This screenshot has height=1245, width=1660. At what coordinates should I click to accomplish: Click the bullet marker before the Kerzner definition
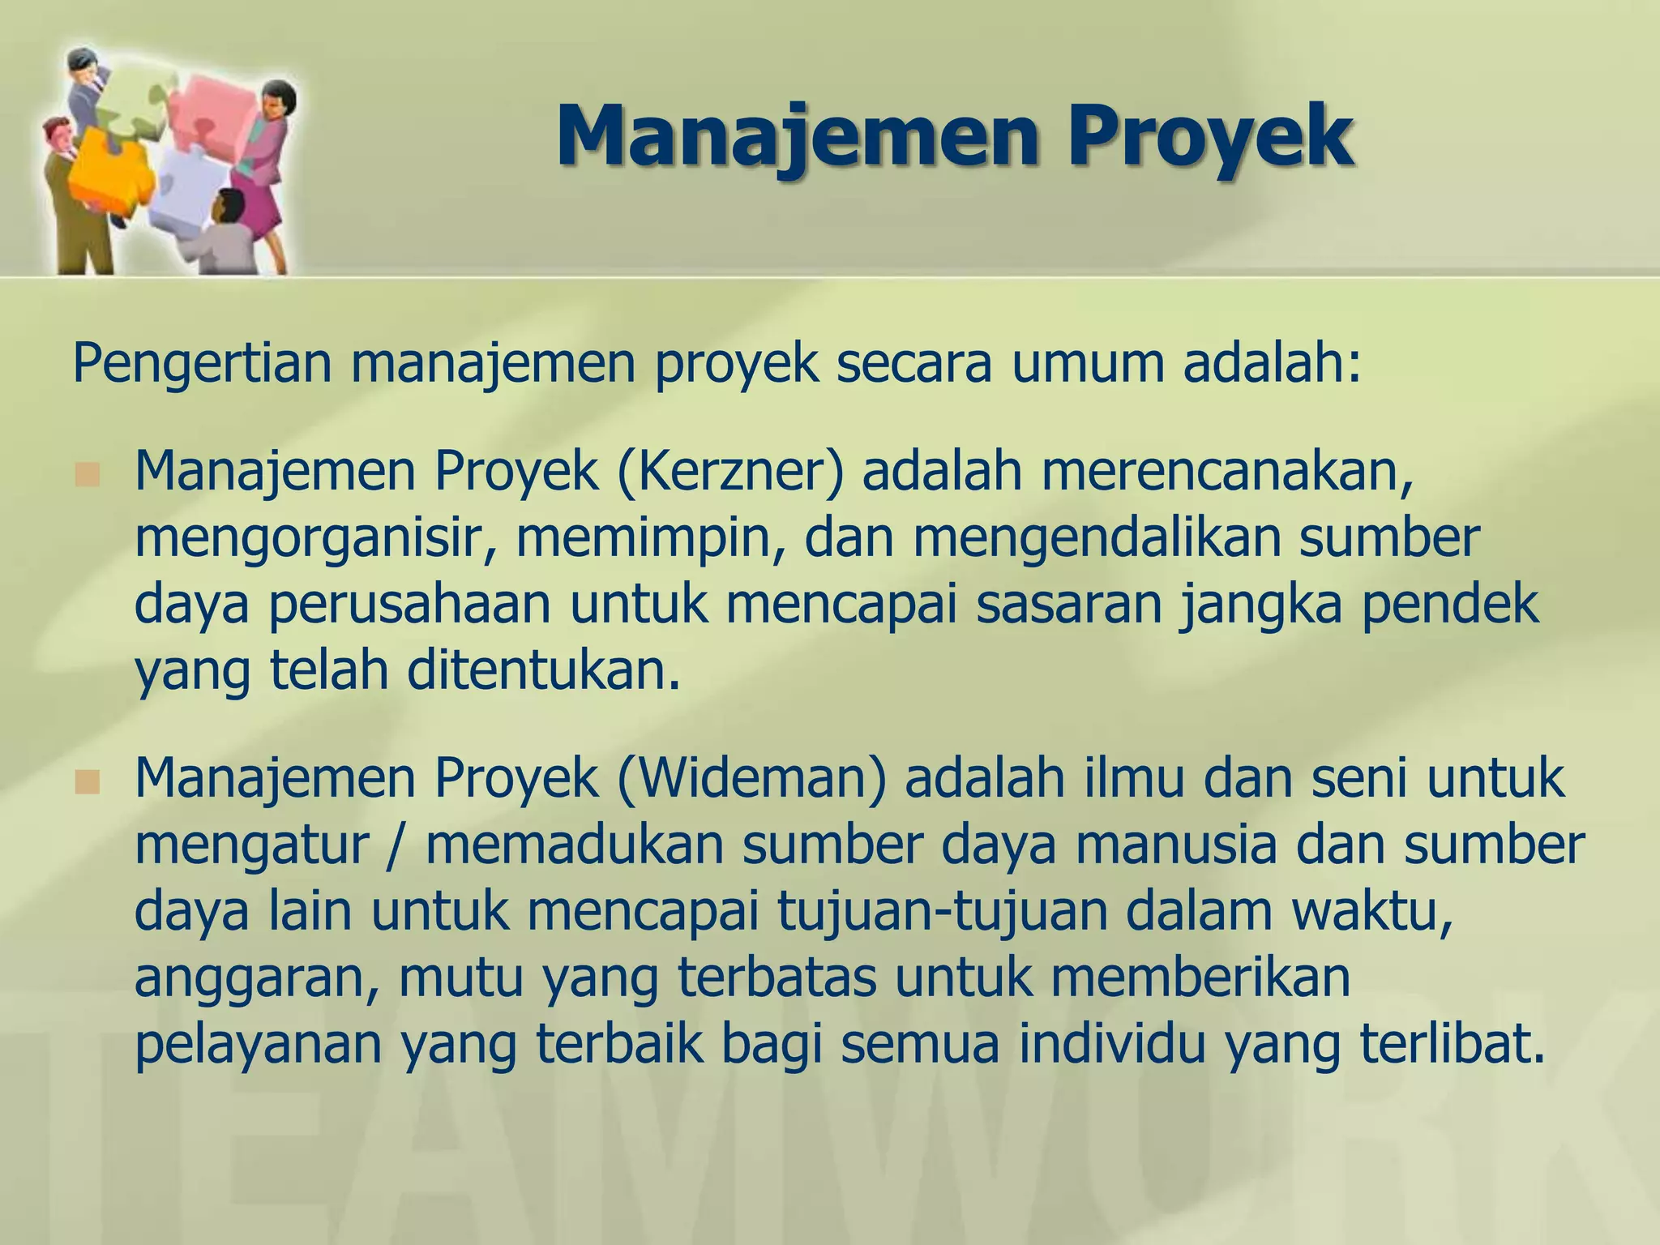pos(86,475)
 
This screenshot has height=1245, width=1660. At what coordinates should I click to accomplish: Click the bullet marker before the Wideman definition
pos(86,782)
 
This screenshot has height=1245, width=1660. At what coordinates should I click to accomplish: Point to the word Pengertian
pos(203,365)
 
